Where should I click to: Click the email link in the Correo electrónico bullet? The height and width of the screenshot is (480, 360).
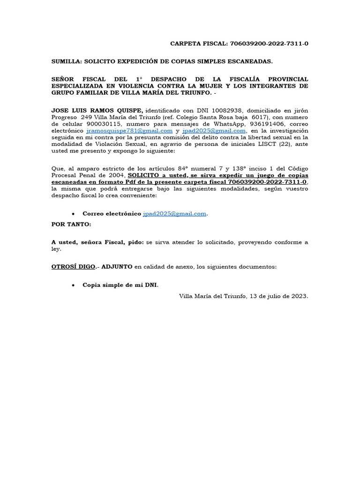[x=175, y=214]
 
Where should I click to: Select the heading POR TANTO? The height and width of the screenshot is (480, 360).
[x=71, y=225]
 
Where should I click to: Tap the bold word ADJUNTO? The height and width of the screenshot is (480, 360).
[x=117, y=267]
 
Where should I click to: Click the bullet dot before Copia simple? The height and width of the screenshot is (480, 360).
[x=74, y=285]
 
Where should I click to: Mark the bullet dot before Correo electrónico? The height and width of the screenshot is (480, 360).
[x=74, y=214]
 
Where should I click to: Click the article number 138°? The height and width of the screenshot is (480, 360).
[x=240, y=168]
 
